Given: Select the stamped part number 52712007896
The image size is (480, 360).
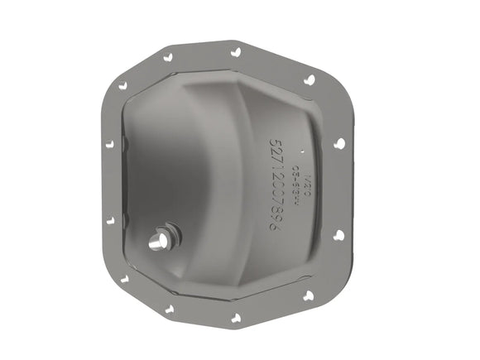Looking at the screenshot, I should pos(274,184).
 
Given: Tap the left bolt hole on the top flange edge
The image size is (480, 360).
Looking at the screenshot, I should pos(169,57).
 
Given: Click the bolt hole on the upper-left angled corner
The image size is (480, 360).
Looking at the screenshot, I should pos(123,84).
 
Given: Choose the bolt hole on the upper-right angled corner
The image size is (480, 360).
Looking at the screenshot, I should pos(309,80).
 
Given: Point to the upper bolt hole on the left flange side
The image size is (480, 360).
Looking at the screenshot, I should pos(108,143).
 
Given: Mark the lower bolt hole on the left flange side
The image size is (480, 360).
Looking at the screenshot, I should pos(108,221).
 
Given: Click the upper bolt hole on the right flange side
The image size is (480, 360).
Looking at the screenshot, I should pos(338,143).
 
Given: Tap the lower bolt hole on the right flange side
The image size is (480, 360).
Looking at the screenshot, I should pos(338,235).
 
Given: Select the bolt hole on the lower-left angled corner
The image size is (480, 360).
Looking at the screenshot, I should pos(124,279).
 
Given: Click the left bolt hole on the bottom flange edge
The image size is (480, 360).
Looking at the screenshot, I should pos(170,309).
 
